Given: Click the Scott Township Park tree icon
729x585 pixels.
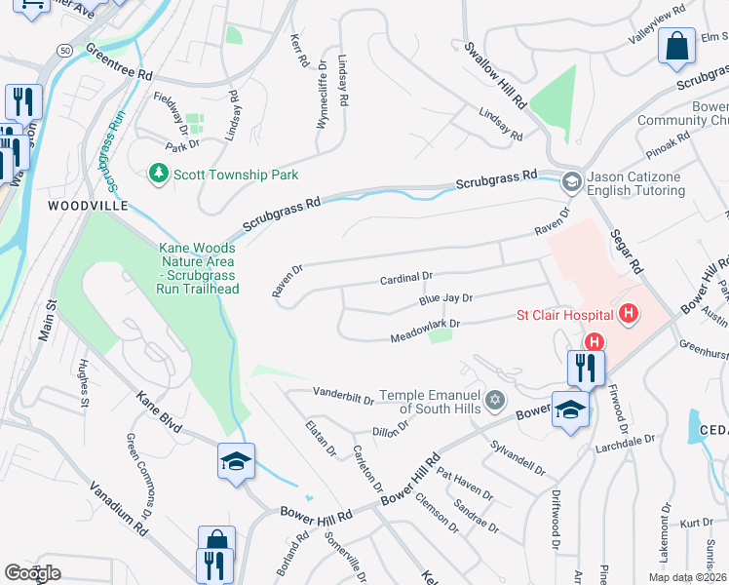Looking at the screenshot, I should click(x=157, y=174).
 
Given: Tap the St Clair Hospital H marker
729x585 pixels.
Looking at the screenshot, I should click(x=629, y=314).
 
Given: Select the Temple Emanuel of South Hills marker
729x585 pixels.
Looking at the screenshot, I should click(x=495, y=400).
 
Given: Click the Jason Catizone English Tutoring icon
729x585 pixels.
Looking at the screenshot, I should click(x=571, y=181).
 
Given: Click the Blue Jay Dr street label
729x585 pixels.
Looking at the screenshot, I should click(x=445, y=300).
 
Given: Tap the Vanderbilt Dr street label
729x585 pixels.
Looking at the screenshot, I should click(x=343, y=396).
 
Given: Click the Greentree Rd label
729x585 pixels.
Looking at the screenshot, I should click(x=119, y=61).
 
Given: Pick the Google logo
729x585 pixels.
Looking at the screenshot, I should click(x=32, y=573).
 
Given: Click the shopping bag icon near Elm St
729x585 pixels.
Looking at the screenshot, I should click(x=675, y=45).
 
